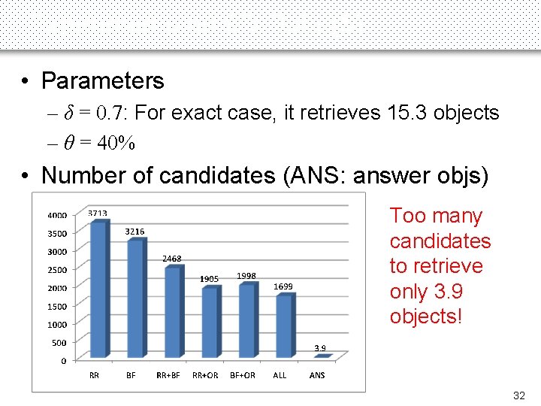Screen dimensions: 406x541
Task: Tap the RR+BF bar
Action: click(173, 312)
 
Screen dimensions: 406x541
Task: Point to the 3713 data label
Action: click(98, 214)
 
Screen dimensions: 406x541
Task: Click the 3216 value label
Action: click(134, 232)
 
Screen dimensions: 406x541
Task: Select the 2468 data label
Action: click(172, 259)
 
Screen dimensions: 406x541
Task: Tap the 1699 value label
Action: click(283, 286)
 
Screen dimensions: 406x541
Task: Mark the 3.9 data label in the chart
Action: click(320, 348)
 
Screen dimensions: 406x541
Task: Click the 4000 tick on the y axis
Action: click(57, 215)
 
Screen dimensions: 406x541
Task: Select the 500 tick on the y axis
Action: click(59, 343)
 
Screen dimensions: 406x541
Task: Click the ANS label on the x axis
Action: click(317, 375)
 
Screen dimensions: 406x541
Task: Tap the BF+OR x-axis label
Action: click(243, 375)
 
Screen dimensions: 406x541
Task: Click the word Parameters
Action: click(102, 80)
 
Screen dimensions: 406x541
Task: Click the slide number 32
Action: click(518, 395)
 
